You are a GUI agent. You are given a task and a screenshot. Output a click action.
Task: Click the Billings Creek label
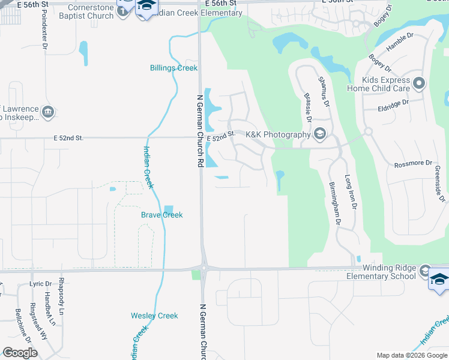point(173,68)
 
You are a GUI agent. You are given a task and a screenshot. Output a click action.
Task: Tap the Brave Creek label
point(161,215)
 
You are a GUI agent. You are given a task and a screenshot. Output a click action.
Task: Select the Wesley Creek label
point(154,316)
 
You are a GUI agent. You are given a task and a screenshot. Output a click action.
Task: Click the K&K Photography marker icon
point(320,134)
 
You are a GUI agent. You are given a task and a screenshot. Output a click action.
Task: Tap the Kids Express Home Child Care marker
point(419,83)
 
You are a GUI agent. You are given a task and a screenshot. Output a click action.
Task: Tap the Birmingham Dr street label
point(334,203)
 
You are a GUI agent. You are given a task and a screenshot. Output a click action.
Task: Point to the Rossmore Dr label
point(413,163)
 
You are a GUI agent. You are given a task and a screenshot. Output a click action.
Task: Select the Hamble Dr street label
point(400,44)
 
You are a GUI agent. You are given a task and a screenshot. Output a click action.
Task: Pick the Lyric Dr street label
point(37,283)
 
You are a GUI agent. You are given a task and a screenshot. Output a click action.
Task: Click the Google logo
point(20,353)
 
